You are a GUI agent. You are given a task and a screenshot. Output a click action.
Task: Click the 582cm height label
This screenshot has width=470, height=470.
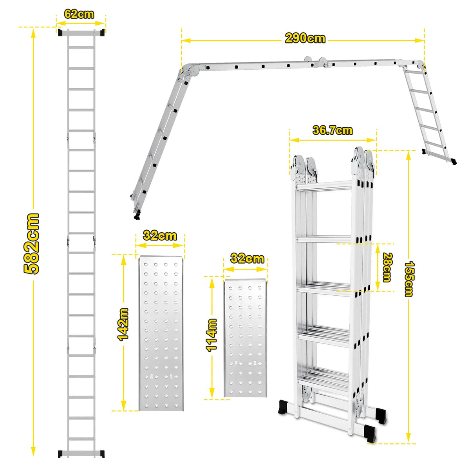(x=31, y=244)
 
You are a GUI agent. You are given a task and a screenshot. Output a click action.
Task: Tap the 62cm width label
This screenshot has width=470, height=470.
(x=79, y=14)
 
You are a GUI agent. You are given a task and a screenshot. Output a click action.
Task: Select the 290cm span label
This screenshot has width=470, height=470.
(x=305, y=38)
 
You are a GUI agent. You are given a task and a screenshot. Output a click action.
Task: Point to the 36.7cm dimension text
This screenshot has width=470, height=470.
(x=333, y=130)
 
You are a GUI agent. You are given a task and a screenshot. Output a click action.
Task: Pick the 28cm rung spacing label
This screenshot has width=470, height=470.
(x=387, y=268)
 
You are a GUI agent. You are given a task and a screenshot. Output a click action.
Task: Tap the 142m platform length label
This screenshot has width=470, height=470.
(x=123, y=324)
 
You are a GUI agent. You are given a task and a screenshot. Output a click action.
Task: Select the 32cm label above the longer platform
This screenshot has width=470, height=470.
(x=160, y=236)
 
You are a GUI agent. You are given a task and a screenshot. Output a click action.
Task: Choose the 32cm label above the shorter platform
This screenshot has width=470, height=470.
(x=247, y=258)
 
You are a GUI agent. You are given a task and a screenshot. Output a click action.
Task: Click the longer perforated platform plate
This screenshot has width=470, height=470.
(x=161, y=333)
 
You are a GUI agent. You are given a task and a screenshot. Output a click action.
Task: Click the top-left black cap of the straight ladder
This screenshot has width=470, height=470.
(x=60, y=33)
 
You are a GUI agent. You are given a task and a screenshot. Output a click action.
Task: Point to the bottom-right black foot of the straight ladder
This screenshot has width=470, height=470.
(x=102, y=454)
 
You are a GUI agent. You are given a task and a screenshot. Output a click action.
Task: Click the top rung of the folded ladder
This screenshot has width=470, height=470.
(x=324, y=186)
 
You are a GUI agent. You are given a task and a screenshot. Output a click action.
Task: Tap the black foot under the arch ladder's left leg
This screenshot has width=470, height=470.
(x=137, y=215)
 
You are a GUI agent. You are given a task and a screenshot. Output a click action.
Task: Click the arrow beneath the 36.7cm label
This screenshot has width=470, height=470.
(x=333, y=140)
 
